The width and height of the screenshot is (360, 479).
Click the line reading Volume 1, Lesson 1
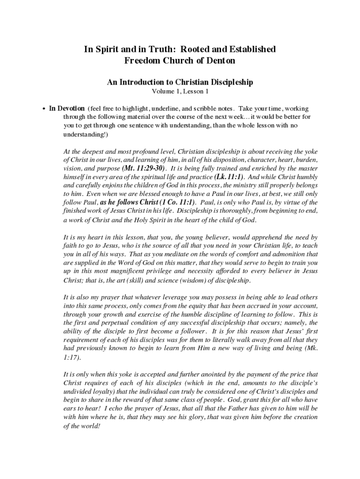[x=180, y=92]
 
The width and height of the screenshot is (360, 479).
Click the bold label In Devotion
[x=67, y=109]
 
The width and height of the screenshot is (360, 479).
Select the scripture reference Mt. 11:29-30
[x=144, y=168]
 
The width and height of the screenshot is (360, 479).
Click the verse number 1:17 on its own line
[x=72, y=357]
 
